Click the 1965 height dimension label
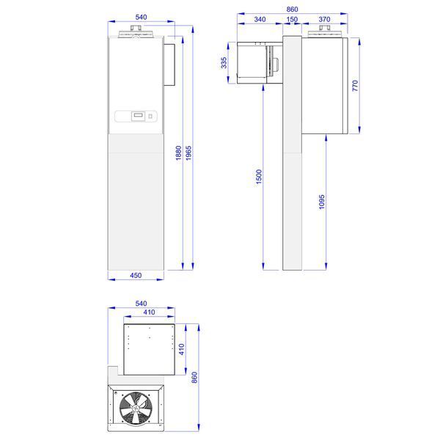click(189, 153)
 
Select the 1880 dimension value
click(179, 153)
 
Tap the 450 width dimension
click(136, 275)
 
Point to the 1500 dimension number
click(259, 177)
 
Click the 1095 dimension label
click(322, 202)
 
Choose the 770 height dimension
click(355, 86)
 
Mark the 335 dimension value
click(224, 62)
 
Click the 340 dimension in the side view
click(260, 19)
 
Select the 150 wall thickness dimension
click(292, 19)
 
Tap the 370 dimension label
click(324, 19)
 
